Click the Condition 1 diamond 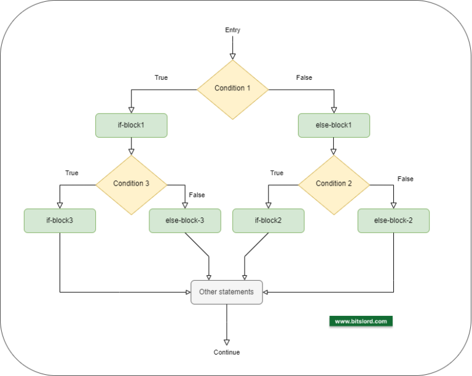(232, 88)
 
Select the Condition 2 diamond (334, 184)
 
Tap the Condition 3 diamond (131, 184)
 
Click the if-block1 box (132, 125)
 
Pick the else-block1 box (334, 125)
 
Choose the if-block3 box (60, 221)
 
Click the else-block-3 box (185, 221)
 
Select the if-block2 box (268, 221)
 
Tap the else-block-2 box (393, 221)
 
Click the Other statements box (226, 292)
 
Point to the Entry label (233, 30)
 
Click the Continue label (227, 353)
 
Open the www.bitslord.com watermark (361, 321)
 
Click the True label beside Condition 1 (161, 78)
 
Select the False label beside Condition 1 (304, 78)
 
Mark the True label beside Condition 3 (72, 173)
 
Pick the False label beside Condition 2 (406, 179)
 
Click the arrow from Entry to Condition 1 (233, 47)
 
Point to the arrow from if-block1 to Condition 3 (131, 146)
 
